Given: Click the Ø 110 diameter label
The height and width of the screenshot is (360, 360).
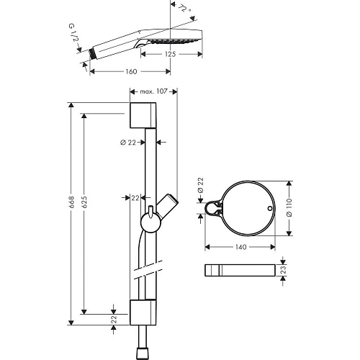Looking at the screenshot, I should (x=294, y=207).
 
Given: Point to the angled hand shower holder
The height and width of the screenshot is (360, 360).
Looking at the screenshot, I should (x=168, y=207).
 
